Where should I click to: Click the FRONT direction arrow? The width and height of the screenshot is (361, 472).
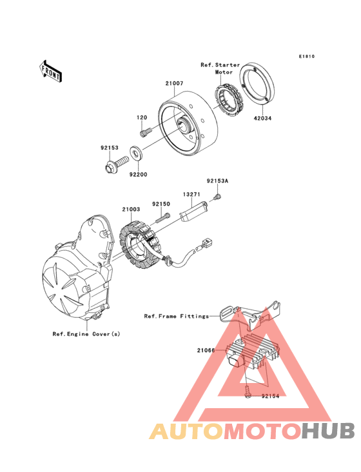pos(50,72)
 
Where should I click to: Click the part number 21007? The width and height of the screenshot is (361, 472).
pos(174,83)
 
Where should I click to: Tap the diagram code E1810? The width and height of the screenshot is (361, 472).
pos(307,56)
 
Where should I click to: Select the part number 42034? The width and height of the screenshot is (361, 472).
pos(262,118)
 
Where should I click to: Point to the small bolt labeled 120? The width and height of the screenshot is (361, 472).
pos(146,132)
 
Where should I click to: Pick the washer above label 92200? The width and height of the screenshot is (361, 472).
pos(137,153)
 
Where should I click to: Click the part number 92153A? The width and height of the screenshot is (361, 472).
pos(217,181)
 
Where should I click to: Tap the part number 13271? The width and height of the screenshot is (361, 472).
pos(191,194)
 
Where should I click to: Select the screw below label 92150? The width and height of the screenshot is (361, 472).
pos(163,218)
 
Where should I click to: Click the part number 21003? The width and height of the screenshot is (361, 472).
pos(131,209)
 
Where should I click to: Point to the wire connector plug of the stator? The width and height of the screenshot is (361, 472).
pos(208,242)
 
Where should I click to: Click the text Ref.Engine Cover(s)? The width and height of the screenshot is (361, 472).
pos(86,334)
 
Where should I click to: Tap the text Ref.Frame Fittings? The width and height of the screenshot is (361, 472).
pos(176,316)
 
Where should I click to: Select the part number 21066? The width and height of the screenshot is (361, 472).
pos(206,350)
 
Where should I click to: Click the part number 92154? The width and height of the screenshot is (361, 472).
pos(270,396)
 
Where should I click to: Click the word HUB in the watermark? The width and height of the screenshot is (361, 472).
pos(328,431)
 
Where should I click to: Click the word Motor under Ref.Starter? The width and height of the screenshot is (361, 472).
pos(224,72)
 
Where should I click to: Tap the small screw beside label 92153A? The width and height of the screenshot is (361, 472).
pos(217,197)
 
